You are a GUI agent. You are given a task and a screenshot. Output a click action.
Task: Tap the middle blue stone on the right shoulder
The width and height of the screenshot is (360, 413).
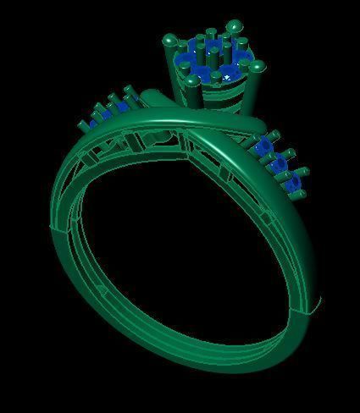[x=278, y=163]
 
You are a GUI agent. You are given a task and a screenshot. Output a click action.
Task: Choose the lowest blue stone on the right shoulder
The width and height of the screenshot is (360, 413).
[x=292, y=181]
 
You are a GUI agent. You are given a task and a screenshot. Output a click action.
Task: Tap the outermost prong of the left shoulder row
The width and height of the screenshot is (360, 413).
[x=81, y=125]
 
